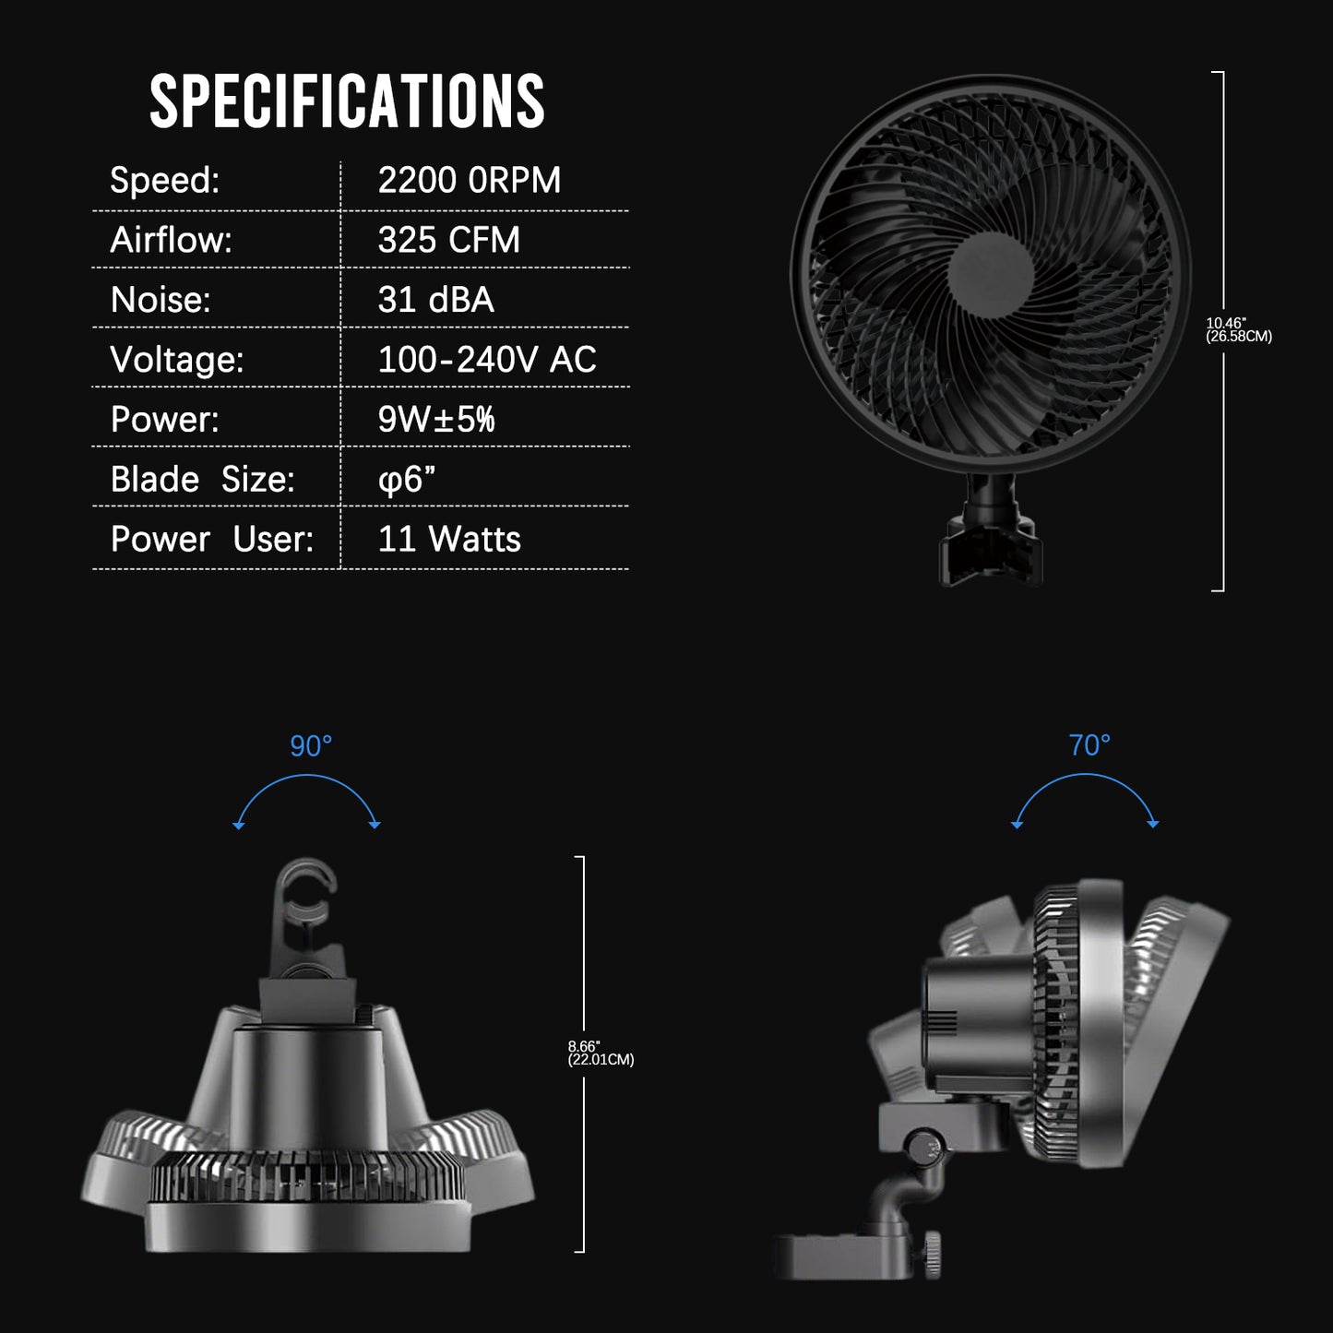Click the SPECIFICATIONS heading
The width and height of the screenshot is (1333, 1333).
pyautogui.click(x=347, y=101)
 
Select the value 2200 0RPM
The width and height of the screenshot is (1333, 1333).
pyautogui.click(x=469, y=181)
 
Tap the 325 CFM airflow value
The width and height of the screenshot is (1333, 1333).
pyautogui.click(x=448, y=241)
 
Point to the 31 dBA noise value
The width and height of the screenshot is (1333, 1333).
pyautogui.click(x=435, y=300)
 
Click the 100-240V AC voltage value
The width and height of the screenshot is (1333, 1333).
pyautogui.click(x=486, y=360)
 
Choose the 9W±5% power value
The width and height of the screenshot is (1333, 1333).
pyautogui.click(x=435, y=420)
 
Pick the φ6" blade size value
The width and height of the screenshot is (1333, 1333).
pyautogui.click(x=406, y=480)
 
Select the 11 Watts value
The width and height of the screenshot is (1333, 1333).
pyautogui.click(x=448, y=540)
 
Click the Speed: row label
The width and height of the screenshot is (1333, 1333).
pyautogui.click(x=164, y=181)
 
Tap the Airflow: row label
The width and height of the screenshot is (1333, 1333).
pyautogui.click(x=171, y=241)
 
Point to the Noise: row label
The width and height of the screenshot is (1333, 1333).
pyautogui.click(x=161, y=300)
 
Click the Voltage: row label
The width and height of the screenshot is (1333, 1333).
pyautogui.click(x=176, y=360)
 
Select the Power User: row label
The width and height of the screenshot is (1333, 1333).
pyautogui.click(x=211, y=540)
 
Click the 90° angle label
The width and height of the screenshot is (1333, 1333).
pyautogui.click(x=311, y=745)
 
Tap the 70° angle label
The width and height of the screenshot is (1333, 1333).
pyautogui.click(x=1089, y=745)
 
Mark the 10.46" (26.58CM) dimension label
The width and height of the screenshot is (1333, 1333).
pyautogui.click(x=1238, y=329)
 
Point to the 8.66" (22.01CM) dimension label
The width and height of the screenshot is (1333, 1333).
pyautogui.click(x=600, y=1053)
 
